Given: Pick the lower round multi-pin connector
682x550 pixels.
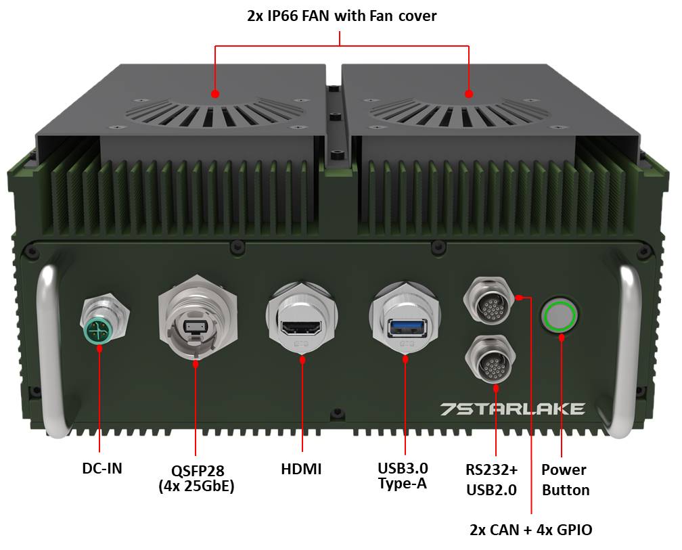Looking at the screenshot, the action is tap(491, 359).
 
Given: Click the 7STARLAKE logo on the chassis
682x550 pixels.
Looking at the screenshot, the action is tap(512, 409).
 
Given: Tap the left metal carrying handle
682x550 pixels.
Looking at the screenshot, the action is tap(50, 348).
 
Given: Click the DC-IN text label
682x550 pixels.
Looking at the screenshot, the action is tap(102, 468).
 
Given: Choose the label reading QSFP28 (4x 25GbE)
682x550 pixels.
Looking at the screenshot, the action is tap(197, 478).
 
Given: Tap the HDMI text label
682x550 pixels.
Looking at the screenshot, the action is tap(302, 469).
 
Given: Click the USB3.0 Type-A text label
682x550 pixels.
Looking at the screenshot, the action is tap(403, 476).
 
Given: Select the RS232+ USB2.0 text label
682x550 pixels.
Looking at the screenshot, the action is tap(492, 480).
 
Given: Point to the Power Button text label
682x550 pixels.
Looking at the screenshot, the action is tap(566, 480).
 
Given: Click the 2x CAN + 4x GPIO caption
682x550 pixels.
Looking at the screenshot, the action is tap(531, 530).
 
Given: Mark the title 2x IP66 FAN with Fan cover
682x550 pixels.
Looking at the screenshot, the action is tap(342, 16).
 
